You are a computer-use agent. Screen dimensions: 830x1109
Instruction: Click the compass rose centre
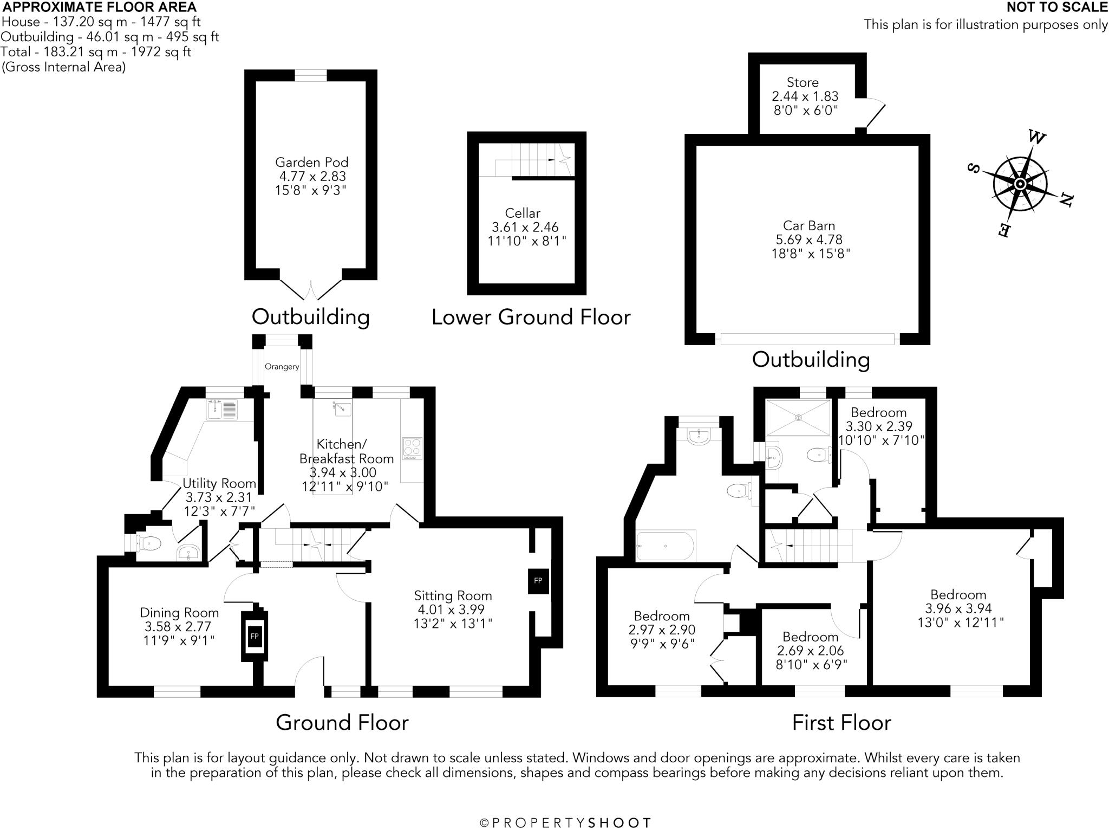click(1020, 184)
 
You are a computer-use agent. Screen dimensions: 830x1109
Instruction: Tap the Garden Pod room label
click(311, 162)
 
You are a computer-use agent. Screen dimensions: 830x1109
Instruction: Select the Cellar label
click(523, 213)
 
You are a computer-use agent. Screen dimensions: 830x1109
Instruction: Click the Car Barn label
click(809, 225)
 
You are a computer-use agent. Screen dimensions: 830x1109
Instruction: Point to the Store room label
click(803, 82)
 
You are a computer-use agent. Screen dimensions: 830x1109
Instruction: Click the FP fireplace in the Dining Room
click(255, 636)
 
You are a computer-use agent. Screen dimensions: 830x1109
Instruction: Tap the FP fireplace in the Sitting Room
click(538, 581)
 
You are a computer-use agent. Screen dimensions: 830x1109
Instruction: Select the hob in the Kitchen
click(412, 449)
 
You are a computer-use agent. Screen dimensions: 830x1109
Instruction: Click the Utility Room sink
click(222, 410)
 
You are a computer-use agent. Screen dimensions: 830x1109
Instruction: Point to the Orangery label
click(282, 367)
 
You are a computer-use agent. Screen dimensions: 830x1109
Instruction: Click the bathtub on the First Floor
click(666, 546)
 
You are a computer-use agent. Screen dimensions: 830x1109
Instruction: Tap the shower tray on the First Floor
click(798, 418)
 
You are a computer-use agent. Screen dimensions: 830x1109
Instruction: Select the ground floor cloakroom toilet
click(149, 542)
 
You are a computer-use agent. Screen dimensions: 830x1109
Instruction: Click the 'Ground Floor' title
click(342, 722)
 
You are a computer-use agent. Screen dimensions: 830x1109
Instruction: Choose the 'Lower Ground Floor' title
click(531, 317)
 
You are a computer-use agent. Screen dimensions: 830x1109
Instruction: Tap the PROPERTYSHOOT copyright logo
click(565, 823)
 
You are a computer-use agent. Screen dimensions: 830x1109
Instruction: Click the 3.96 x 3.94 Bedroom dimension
click(958, 608)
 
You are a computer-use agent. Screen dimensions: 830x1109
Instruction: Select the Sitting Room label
click(453, 596)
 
